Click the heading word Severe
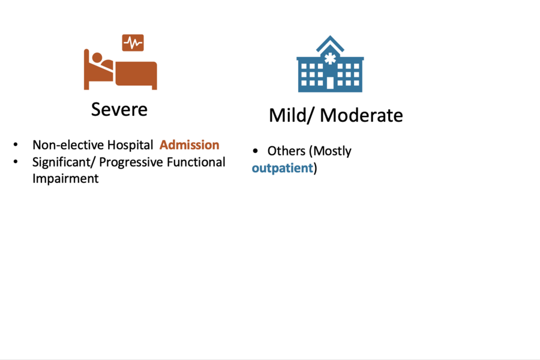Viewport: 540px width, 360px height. [119, 109]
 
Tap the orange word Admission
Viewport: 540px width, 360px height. [189, 145]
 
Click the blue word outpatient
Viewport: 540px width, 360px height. [282, 168]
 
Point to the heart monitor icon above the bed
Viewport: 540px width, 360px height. [133, 43]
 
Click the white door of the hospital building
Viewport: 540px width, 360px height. [330, 83]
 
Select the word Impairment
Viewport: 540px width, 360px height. [65, 179]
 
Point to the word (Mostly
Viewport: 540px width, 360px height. [330, 151]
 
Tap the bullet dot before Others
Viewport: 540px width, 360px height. [256, 151]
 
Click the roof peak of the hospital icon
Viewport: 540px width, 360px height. [330, 37]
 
